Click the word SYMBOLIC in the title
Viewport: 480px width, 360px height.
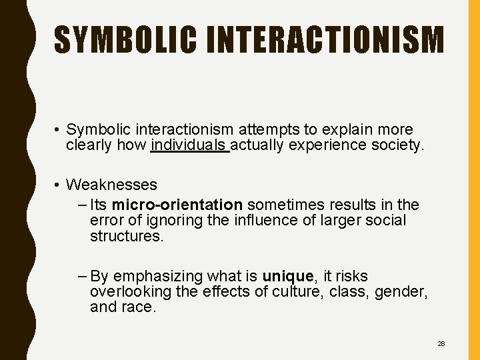(x=125, y=40)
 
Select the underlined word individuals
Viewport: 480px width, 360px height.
(x=190, y=145)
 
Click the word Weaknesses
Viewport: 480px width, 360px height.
(x=112, y=184)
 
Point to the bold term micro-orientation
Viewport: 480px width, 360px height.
(x=177, y=204)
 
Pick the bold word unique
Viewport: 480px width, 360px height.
(x=287, y=276)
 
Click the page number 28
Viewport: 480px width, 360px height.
(x=441, y=343)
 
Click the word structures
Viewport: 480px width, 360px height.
(x=126, y=236)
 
